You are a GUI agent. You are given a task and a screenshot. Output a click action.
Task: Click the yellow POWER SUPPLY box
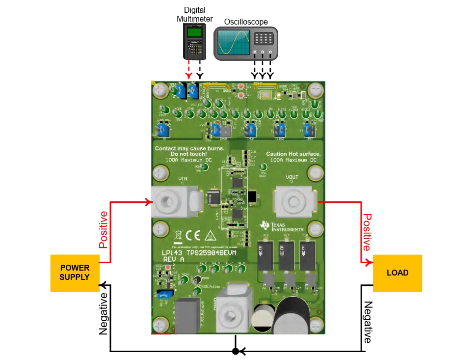tap(75, 273)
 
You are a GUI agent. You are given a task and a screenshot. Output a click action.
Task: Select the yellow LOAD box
tap(397, 273)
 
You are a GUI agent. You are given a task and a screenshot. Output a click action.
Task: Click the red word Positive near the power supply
tap(103, 229)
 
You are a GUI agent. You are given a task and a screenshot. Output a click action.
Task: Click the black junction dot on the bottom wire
tap(236, 351)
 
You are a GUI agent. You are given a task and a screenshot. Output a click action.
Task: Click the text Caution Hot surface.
tap(293, 154)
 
